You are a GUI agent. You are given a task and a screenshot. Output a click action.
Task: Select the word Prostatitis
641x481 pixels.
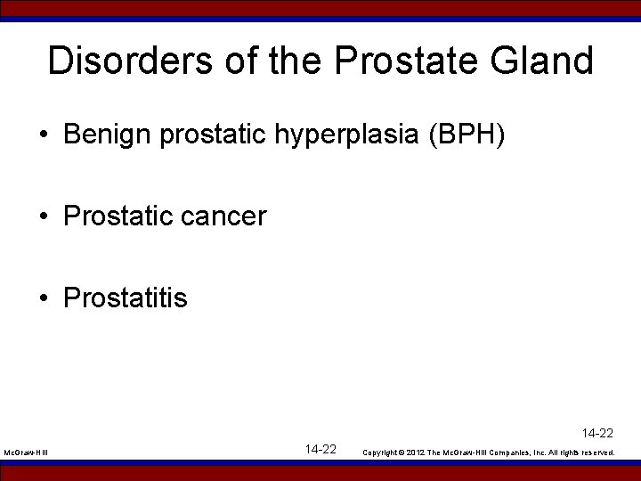[126, 297]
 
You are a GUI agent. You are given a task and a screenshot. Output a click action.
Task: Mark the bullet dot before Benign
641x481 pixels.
[44, 135]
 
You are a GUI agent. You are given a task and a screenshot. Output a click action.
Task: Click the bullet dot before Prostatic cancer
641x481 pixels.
[44, 216]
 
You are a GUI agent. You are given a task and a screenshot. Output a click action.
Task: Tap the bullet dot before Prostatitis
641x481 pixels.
[44, 298]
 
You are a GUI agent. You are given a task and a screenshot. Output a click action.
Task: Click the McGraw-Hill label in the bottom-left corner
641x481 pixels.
[26, 453]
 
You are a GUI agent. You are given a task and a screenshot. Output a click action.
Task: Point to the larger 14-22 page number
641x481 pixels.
[320, 449]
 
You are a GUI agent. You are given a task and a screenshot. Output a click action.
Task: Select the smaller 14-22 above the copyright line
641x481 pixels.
[597, 434]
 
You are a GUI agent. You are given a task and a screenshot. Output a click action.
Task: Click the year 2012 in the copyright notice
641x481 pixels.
[416, 452]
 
